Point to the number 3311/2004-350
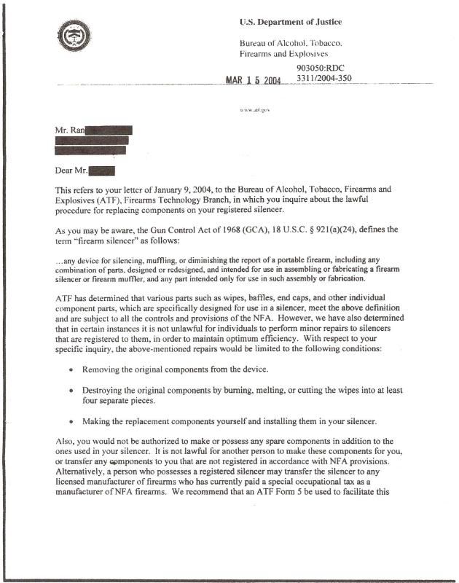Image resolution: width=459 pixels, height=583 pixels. click(325, 79)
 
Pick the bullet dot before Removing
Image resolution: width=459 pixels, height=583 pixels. click(70, 369)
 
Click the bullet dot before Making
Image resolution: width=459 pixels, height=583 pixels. click(70, 421)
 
